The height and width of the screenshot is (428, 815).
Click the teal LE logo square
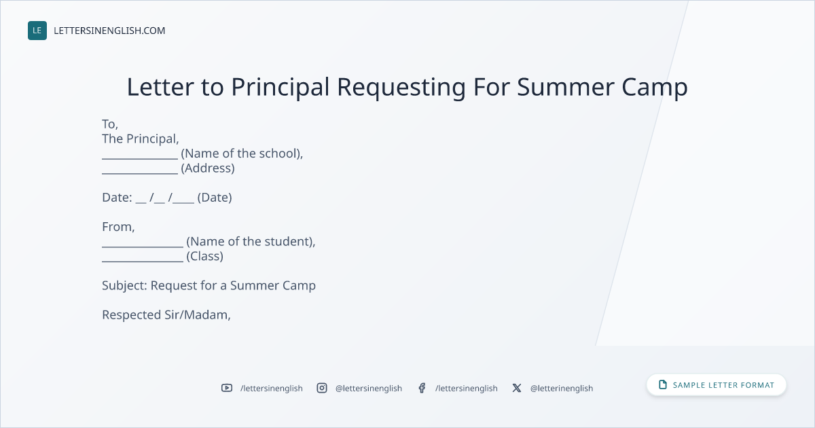(x=37, y=31)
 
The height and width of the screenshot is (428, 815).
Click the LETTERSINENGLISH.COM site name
(x=109, y=31)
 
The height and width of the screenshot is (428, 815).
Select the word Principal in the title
(x=280, y=88)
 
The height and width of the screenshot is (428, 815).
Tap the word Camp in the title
(x=655, y=88)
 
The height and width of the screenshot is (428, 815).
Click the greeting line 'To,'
(x=110, y=124)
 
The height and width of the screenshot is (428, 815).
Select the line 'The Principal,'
(x=141, y=139)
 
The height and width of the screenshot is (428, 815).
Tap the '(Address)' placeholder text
(x=208, y=168)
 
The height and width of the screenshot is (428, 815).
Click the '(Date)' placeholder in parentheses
(x=215, y=198)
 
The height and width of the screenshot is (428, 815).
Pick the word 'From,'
(x=118, y=227)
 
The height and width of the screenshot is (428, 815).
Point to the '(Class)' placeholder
(x=205, y=256)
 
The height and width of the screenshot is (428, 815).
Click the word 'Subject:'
(x=124, y=286)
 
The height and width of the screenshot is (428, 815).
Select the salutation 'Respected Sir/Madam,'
(x=166, y=315)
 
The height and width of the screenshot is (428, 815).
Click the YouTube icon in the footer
(x=227, y=388)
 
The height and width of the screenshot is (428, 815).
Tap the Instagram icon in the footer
(x=322, y=388)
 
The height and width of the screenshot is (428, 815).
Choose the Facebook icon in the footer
(x=422, y=388)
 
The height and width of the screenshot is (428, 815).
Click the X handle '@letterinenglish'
(x=562, y=389)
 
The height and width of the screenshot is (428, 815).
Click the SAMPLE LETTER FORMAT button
(x=717, y=385)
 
